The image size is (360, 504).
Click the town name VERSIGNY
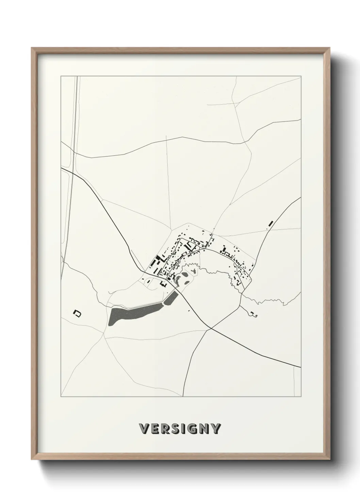coord(180,429)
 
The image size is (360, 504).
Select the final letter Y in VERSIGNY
coord(216,429)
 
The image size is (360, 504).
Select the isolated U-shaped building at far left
coord(78,312)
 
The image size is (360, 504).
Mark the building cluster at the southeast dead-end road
coord(252,314)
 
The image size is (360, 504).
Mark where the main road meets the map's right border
coord(301,367)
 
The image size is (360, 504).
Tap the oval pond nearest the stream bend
coord(185,273)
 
